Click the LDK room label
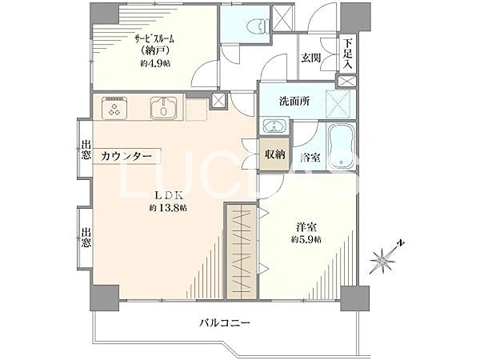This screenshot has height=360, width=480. click(x=166, y=195)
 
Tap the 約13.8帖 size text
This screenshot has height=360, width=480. click(x=167, y=208)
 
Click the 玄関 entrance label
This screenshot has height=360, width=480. click(x=312, y=58)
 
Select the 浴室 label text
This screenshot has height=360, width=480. click(x=311, y=157)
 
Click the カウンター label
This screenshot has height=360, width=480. click(x=126, y=156)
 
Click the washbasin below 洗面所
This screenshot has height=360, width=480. click(x=274, y=126)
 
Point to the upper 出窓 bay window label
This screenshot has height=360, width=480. click(x=86, y=150)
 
